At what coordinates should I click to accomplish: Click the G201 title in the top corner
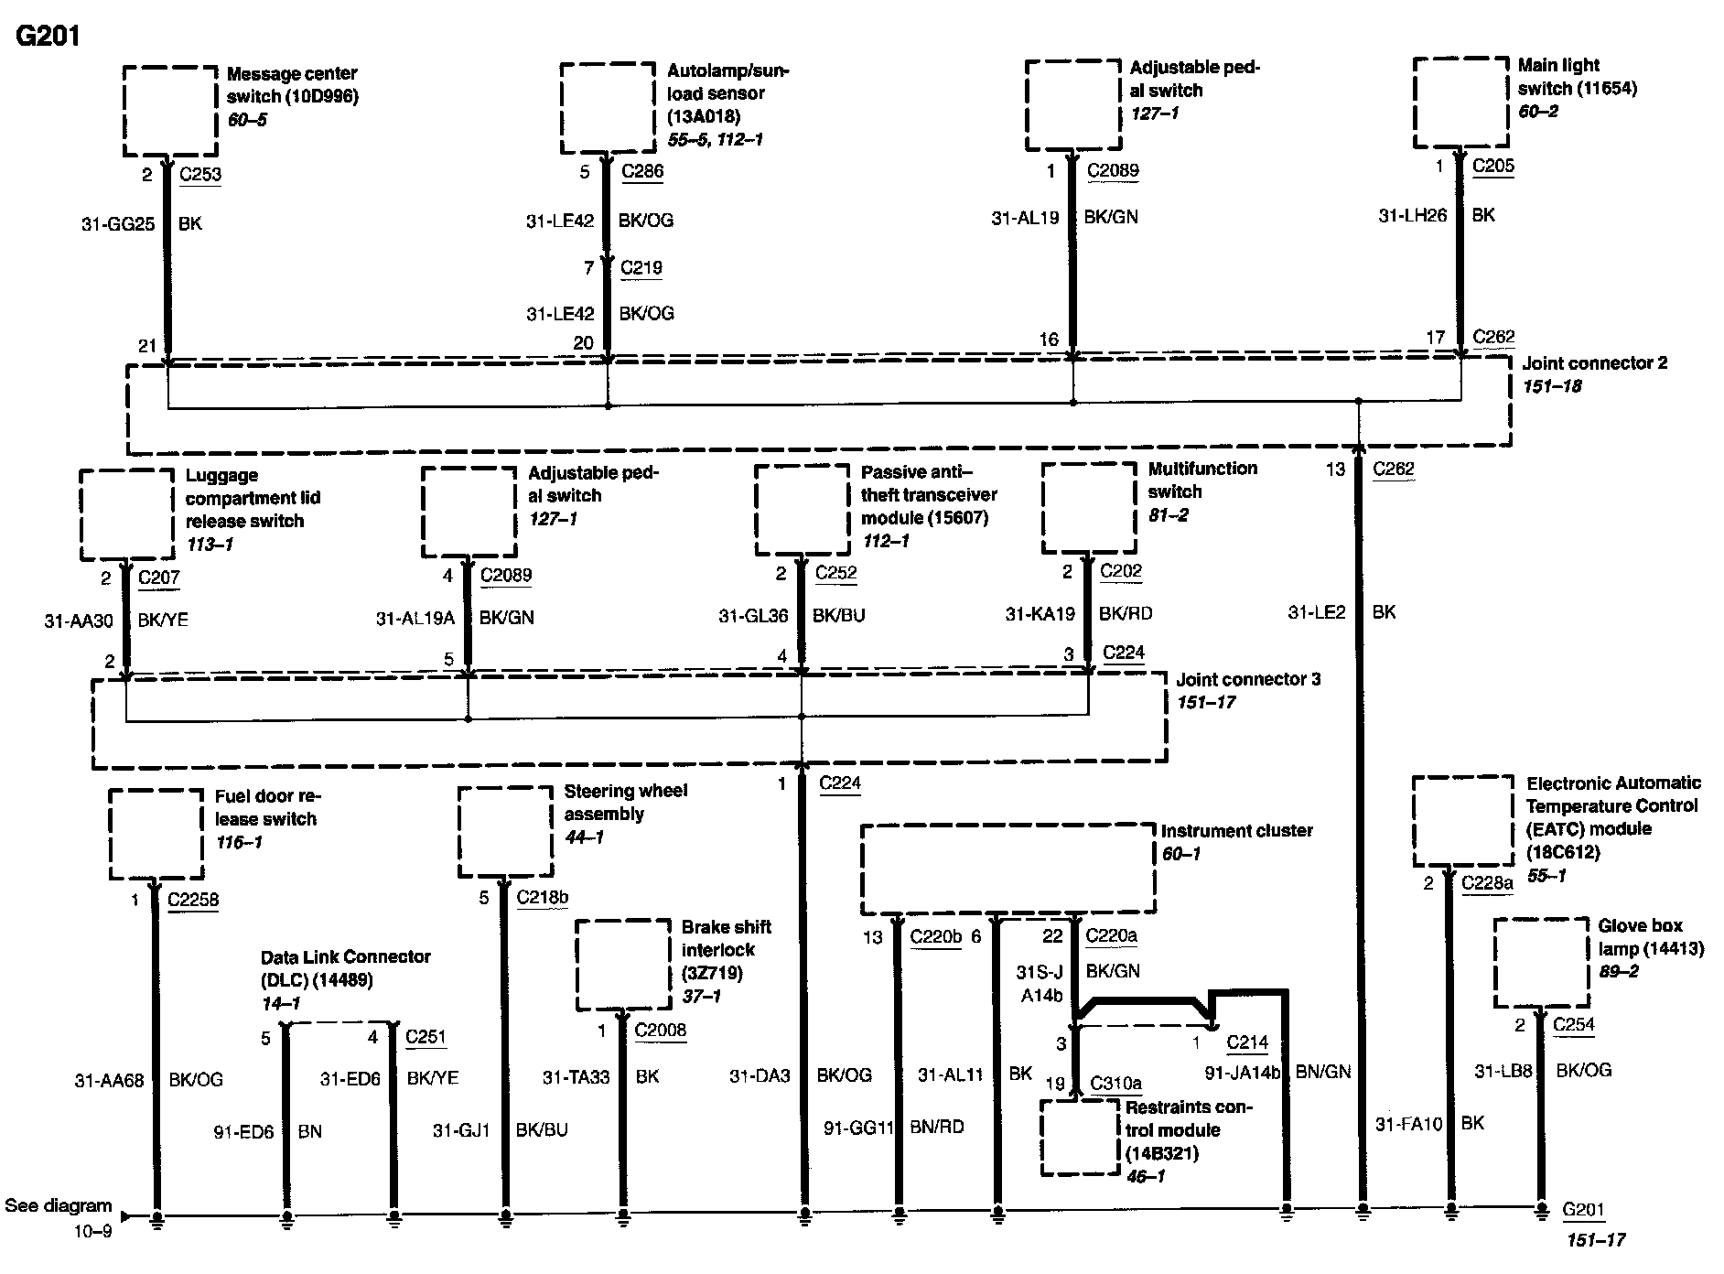[48, 36]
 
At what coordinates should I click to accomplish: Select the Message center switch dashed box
[170, 111]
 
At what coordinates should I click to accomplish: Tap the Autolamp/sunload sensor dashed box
[608, 108]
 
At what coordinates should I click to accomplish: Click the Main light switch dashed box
[1460, 103]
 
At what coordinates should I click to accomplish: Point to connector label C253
[200, 175]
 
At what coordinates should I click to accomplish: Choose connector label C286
[642, 171]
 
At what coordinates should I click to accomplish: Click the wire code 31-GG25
[118, 223]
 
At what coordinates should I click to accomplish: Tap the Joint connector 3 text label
[1248, 680]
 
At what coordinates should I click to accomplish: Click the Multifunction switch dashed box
[1089, 508]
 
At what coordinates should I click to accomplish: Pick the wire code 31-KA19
[1040, 614]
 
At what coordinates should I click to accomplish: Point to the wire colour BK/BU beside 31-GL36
[838, 616]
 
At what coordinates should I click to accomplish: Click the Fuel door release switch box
[156, 834]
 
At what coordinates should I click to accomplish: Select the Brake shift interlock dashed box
[623, 965]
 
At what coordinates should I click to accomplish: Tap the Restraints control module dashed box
[1081, 1138]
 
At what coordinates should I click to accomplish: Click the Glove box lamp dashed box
[1541, 963]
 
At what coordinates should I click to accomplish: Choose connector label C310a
[1115, 1084]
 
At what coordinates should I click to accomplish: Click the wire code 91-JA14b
[1243, 1072]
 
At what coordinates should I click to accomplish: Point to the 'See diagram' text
[59, 1205]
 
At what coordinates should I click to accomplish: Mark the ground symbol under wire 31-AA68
[157, 1217]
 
